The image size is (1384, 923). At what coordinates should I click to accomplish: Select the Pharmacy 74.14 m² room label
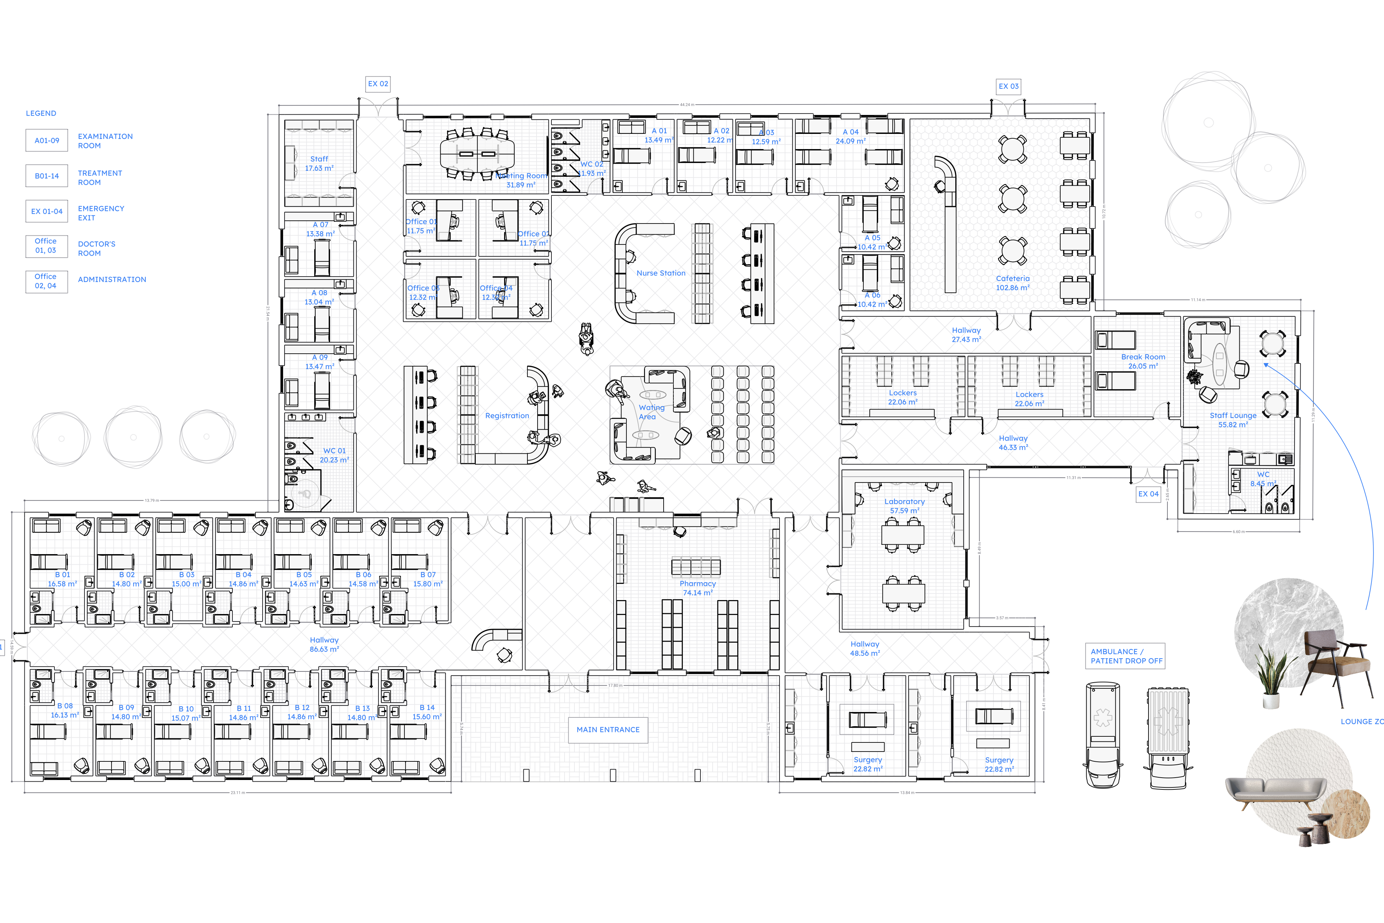(698, 588)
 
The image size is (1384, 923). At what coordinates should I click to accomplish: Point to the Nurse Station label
(661, 273)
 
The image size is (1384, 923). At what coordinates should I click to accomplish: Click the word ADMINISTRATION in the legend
(112, 280)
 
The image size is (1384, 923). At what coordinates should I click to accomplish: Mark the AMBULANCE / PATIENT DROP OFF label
(1126, 656)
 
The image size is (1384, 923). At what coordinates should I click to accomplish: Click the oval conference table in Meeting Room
(477, 154)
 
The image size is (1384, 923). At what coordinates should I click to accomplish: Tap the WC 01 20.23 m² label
(334, 455)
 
